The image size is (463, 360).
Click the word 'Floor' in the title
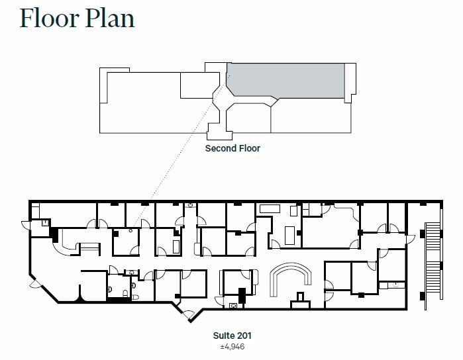(x=48, y=18)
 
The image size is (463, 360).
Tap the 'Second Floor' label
(x=232, y=148)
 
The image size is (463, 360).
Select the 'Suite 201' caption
(x=232, y=336)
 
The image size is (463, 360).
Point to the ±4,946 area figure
(x=232, y=346)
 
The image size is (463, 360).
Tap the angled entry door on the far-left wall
(x=35, y=283)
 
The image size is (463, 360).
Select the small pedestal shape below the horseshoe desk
(x=301, y=297)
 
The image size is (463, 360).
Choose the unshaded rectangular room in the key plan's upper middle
(x=197, y=85)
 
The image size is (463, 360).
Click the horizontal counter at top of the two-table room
(x=270, y=208)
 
